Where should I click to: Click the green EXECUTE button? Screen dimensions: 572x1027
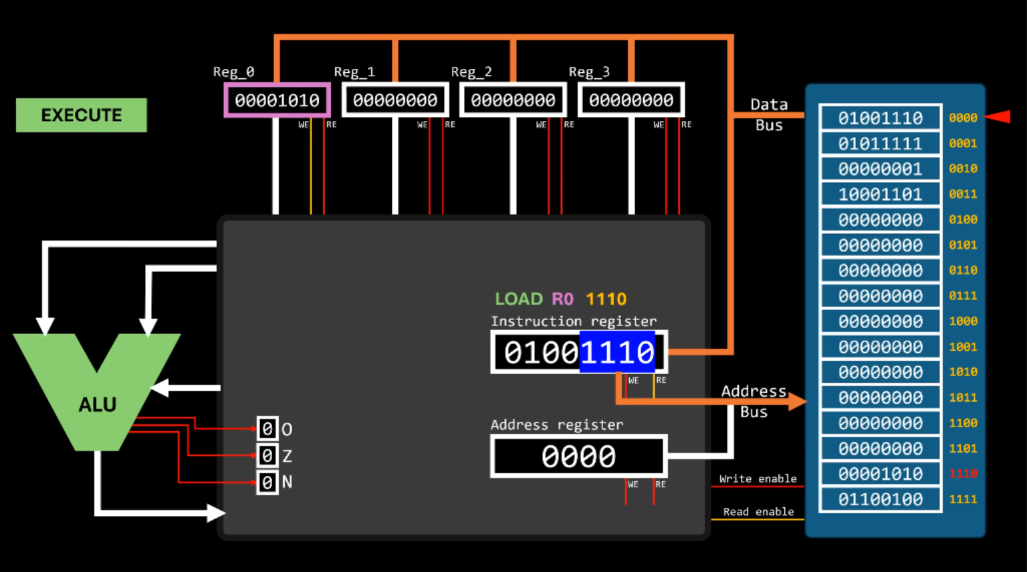[x=81, y=115]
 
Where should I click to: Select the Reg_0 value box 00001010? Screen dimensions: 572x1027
[x=277, y=100]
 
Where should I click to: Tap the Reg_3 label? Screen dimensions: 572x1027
[x=588, y=71]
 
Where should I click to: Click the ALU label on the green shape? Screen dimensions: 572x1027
[x=98, y=404]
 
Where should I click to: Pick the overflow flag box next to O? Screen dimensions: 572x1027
[x=267, y=428]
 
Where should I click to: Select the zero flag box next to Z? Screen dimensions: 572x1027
[x=267, y=456]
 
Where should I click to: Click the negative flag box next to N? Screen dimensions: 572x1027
[x=267, y=482]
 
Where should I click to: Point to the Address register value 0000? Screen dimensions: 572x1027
[x=578, y=456]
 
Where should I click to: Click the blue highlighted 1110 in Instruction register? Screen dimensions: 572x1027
[x=616, y=352]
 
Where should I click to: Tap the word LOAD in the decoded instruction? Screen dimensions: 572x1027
[x=519, y=299]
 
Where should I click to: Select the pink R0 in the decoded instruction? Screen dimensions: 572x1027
[x=562, y=299]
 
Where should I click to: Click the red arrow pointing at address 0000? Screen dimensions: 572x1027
[x=998, y=117]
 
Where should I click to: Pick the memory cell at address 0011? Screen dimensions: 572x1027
[x=880, y=194]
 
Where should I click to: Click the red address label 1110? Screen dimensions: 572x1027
[x=963, y=474]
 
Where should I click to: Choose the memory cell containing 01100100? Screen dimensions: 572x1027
[x=880, y=499]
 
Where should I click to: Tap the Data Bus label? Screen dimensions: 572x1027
[x=769, y=114]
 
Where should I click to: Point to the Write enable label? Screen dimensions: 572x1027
[x=758, y=478]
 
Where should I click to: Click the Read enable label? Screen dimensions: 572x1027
[x=758, y=511]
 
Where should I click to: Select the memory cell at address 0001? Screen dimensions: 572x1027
[x=880, y=144]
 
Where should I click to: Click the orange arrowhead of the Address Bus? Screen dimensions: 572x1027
[x=797, y=401]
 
